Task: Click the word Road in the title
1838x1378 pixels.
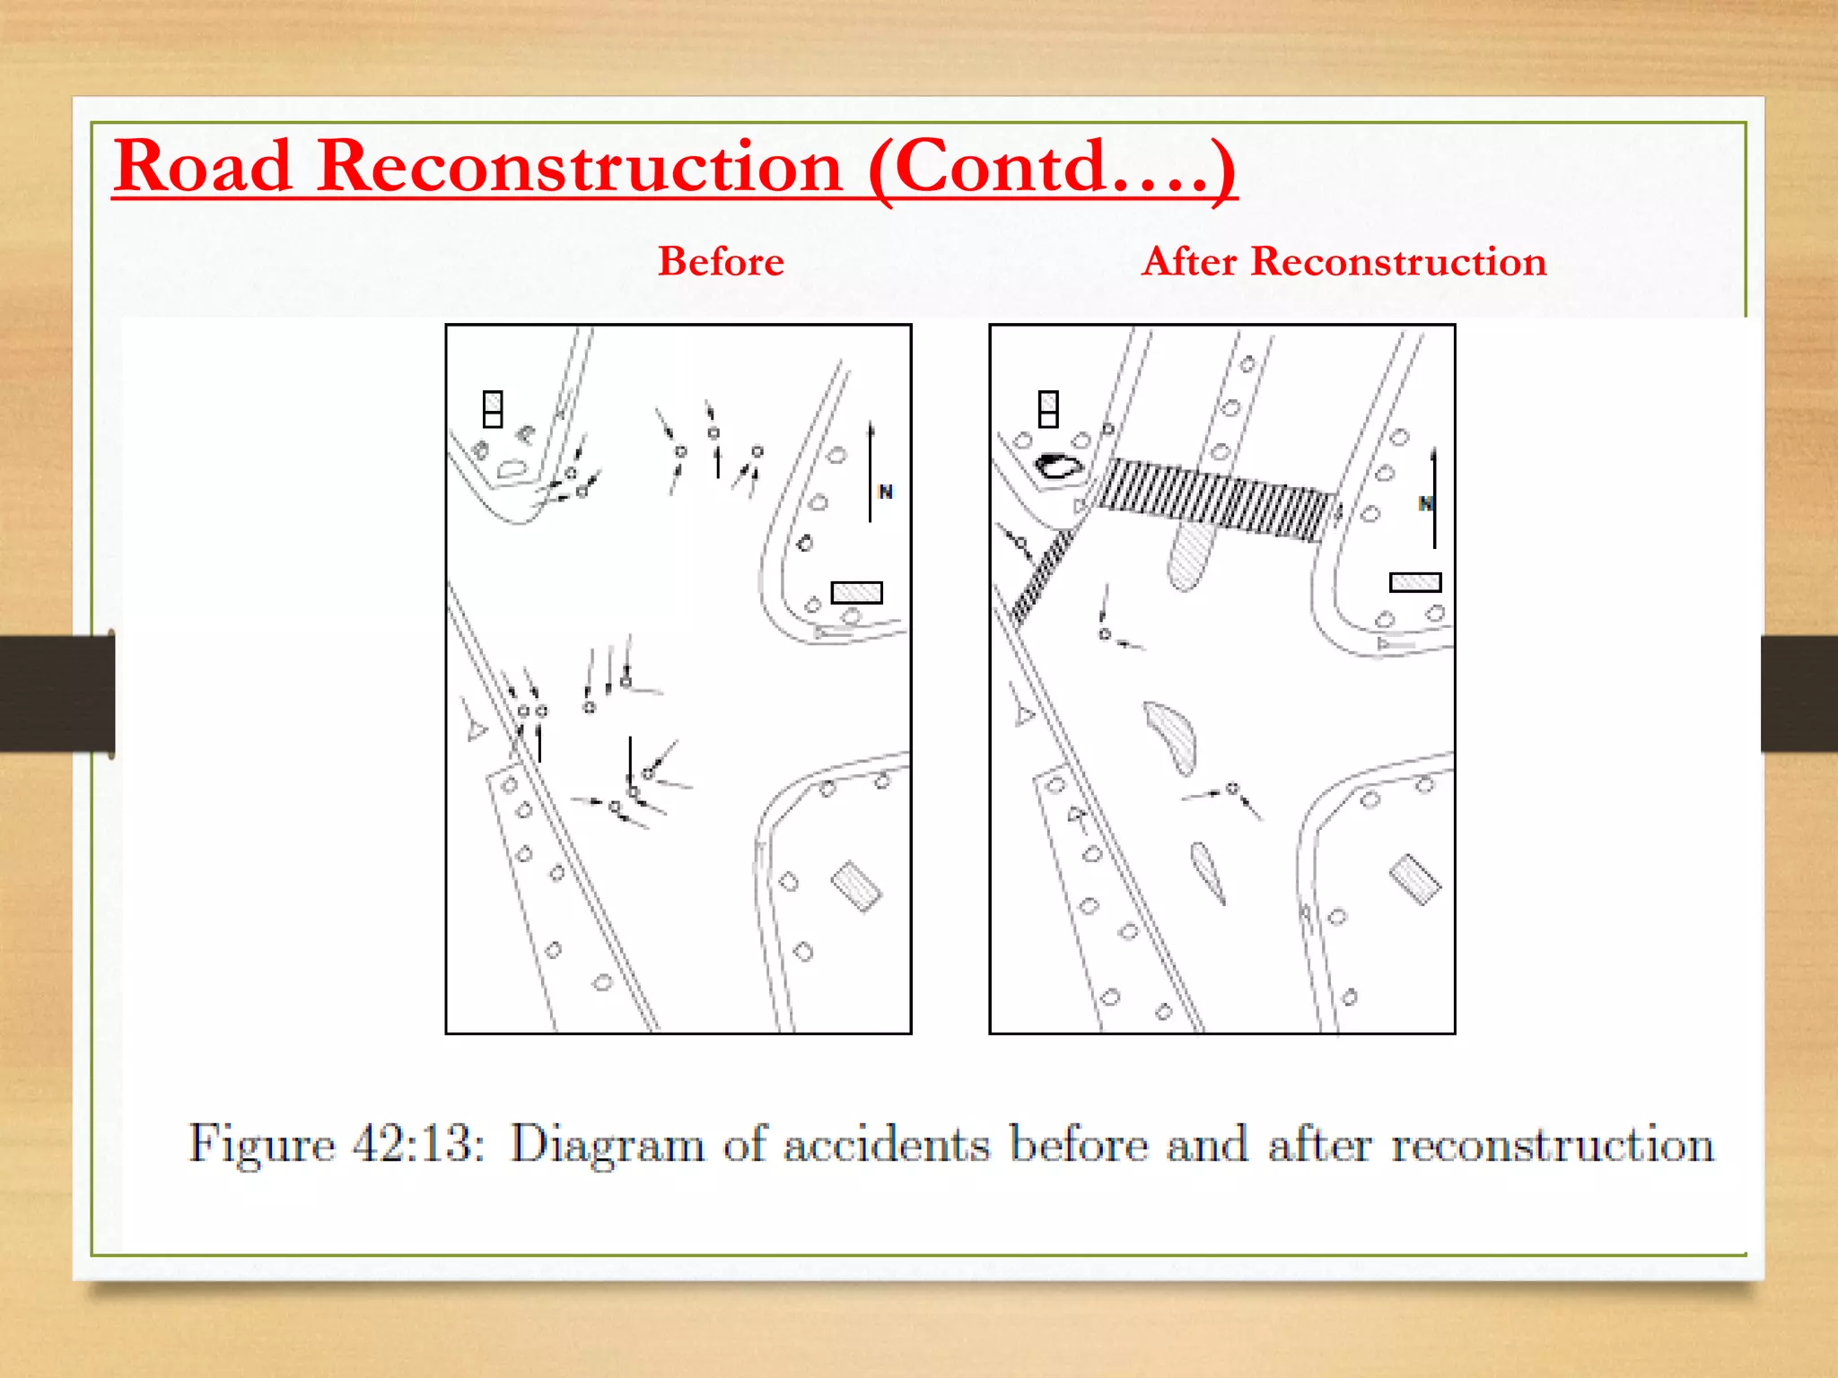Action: click(x=204, y=167)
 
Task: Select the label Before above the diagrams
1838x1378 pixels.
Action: click(x=721, y=262)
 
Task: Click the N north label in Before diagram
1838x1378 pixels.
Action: click(x=886, y=492)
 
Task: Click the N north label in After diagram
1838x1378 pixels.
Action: click(x=1425, y=503)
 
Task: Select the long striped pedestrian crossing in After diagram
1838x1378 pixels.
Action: click(x=1216, y=500)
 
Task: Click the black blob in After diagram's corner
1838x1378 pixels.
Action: click(x=1058, y=466)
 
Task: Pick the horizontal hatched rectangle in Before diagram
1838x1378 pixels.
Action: click(x=856, y=592)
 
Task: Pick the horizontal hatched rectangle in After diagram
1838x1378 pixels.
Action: click(x=1414, y=582)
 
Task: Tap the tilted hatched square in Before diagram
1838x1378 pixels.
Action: click(x=856, y=886)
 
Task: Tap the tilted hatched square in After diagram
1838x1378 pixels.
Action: click(x=1414, y=879)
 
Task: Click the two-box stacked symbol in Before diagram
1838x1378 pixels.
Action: click(x=493, y=409)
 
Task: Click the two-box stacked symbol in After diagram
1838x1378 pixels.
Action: click(x=1048, y=409)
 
